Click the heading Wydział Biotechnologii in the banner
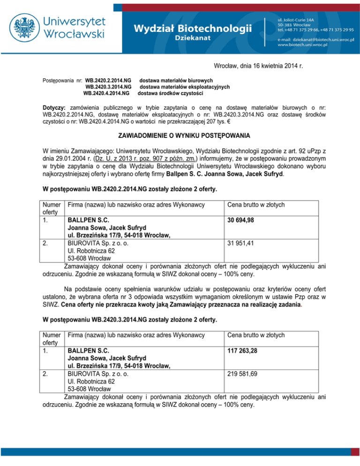[192, 28]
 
